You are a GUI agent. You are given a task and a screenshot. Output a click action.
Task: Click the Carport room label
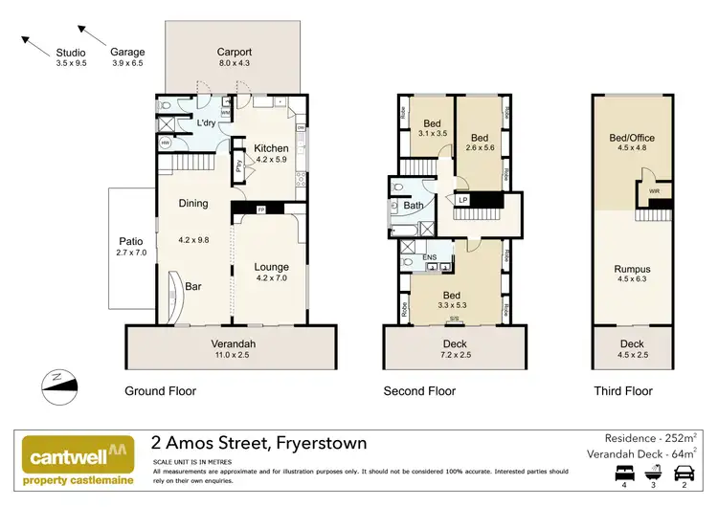[x=234, y=53]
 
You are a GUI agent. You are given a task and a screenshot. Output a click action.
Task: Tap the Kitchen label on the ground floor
[x=271, y=148]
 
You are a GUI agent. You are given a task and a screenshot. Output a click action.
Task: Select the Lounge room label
[x=271, y=267]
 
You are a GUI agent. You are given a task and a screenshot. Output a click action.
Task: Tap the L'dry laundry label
[x=207, y=123]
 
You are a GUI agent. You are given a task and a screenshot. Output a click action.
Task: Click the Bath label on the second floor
[x=414, y=205]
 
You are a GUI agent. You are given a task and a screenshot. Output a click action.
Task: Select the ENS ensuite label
[x=430, y=256]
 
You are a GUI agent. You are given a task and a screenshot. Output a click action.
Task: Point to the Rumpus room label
[x=632, y=270]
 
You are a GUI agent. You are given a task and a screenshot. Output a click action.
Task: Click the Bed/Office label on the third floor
[x=631, y=138]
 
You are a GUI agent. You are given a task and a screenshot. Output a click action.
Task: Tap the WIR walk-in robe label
[x=654, y=191]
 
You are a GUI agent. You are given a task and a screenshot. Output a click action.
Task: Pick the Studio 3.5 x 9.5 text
[x=71, y=52]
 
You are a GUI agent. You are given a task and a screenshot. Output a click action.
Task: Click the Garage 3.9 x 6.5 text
[x=126, y=52]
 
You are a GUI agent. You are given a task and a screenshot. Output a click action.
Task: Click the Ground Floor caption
[x=161, y=391]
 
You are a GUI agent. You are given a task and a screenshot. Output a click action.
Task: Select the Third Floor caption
[x=622, y=391]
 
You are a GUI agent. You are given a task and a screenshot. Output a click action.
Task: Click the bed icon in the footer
[x=626, y=473]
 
